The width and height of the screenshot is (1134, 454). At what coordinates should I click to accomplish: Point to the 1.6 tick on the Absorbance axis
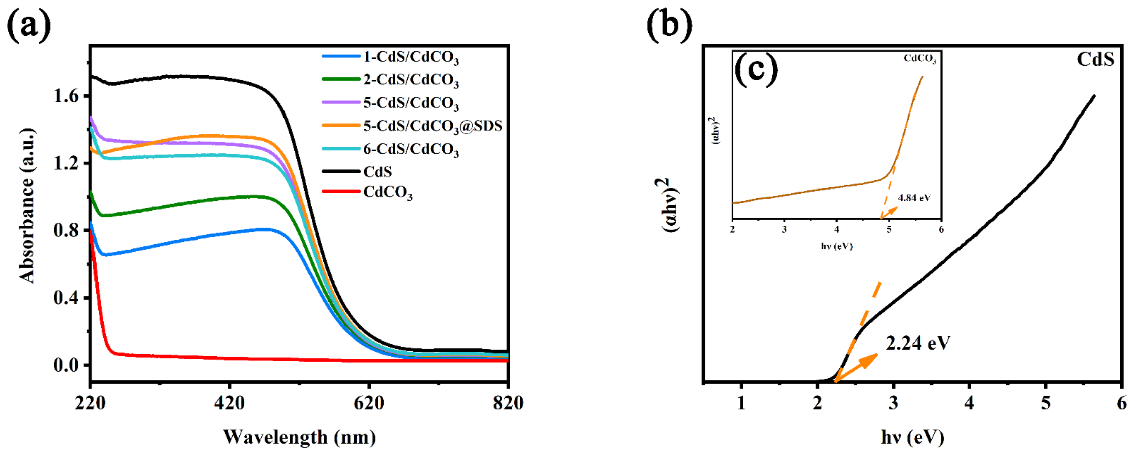point(66,96)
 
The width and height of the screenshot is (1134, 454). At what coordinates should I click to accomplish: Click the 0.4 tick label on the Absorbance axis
point(66,298)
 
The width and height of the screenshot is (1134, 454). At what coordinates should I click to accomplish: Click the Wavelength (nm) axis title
point(299,437)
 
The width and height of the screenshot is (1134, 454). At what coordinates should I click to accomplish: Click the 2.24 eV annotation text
point(918,344)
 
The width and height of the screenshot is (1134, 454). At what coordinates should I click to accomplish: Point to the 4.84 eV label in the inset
point(914,198)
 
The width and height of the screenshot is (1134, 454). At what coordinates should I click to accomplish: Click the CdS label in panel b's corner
point(1095,59)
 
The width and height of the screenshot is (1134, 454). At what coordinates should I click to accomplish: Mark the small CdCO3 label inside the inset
point(920,59)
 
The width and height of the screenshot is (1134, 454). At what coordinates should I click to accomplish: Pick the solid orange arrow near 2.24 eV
point(856,367)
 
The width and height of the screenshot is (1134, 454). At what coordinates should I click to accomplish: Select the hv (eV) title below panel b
point(912,437)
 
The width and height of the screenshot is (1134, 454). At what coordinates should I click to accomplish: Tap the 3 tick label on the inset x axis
point(784,230)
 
